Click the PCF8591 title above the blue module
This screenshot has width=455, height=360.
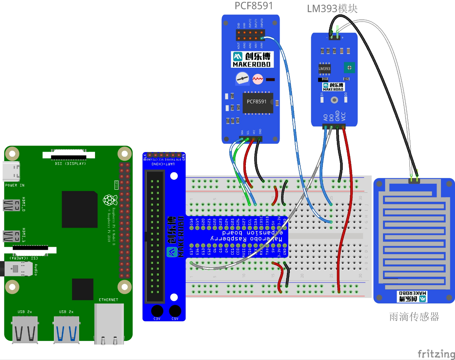pos(254,6)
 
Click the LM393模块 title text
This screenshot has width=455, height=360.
pos(332,9)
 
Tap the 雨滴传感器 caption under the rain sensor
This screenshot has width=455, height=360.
pos(414,317)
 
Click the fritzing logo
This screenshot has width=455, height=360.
pos(436,354)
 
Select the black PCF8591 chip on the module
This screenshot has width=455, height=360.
pos(257,102)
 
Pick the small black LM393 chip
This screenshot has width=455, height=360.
pos(324,68)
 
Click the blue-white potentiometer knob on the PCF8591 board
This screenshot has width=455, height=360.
pos(242,78)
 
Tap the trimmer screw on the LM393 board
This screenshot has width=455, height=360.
pos(349,67)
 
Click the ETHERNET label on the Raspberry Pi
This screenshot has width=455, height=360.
pos(108,300)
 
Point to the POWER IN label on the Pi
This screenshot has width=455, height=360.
pos(15,185)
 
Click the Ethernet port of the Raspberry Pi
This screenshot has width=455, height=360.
pos(109,323)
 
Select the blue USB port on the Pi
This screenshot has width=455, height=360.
pos(67,329)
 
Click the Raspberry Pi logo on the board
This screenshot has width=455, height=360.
pos(110,200)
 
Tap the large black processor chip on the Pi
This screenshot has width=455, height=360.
pos(80,209)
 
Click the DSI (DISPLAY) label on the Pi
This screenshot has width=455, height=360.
pos(70,164)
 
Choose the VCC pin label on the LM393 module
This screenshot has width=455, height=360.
pos(343,116)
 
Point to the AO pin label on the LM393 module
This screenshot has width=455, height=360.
pos(326,117)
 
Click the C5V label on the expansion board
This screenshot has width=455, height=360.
pos(175,319)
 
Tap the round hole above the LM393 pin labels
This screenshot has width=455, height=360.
pos(334,100)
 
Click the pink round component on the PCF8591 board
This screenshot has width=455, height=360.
pos(258,79)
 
